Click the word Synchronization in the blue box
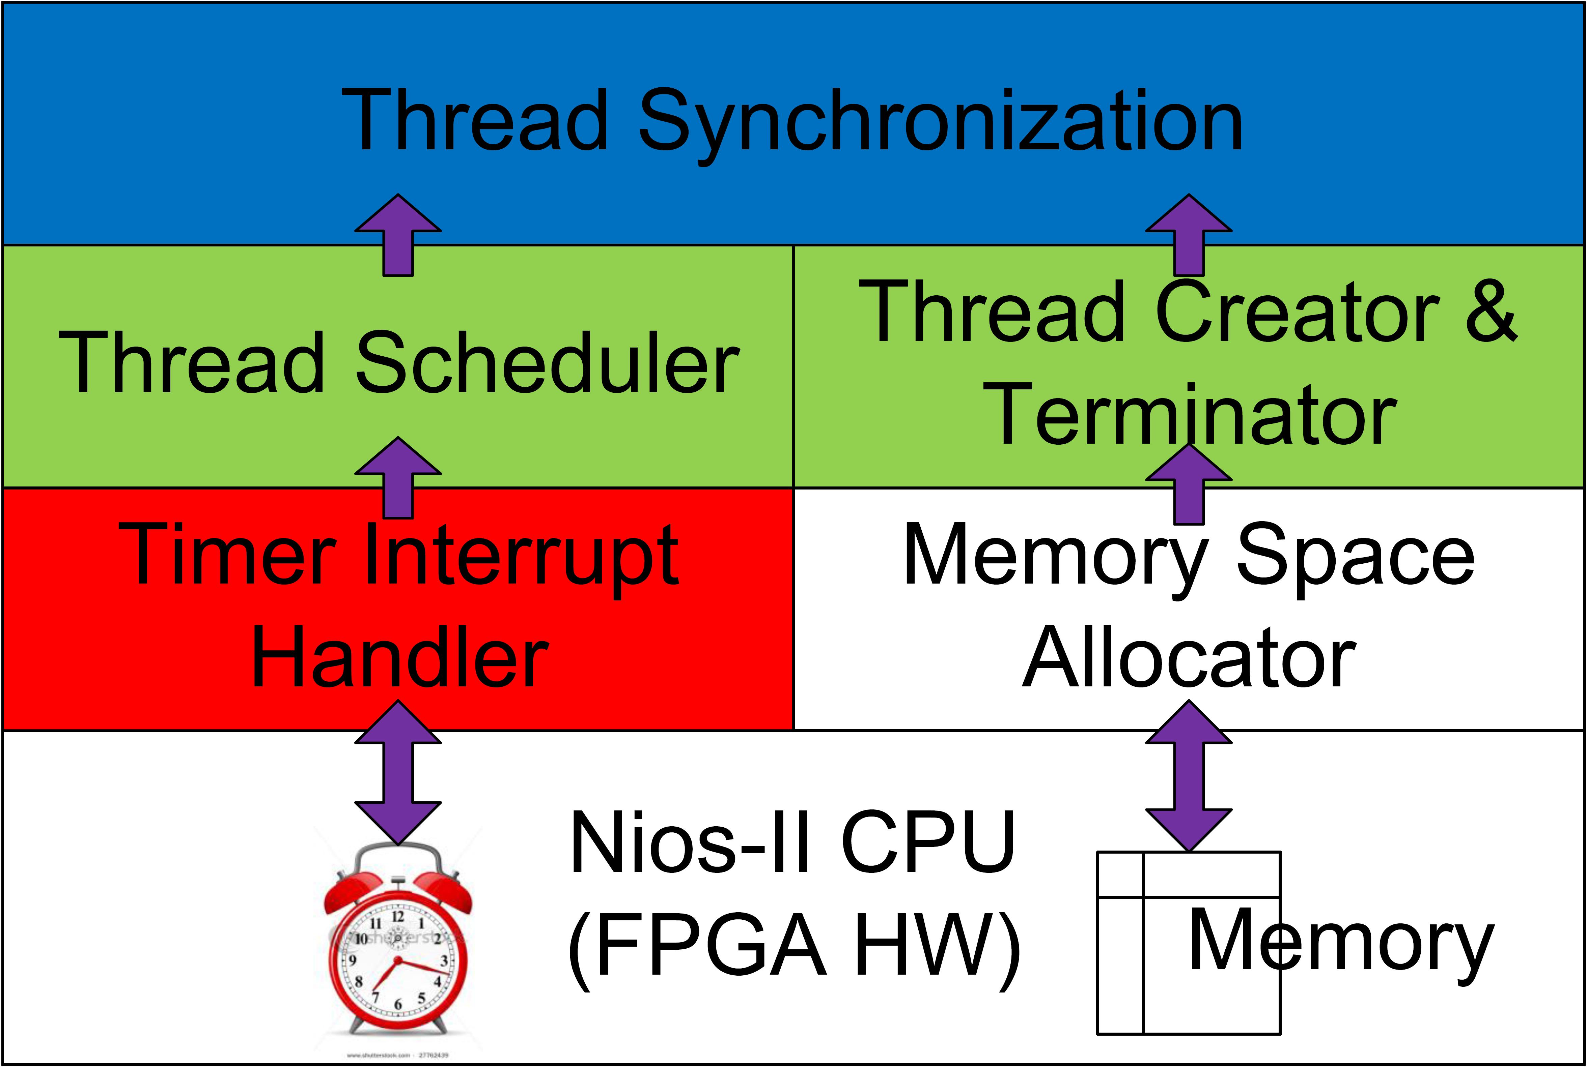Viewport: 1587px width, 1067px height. click(x=940, y=122)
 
